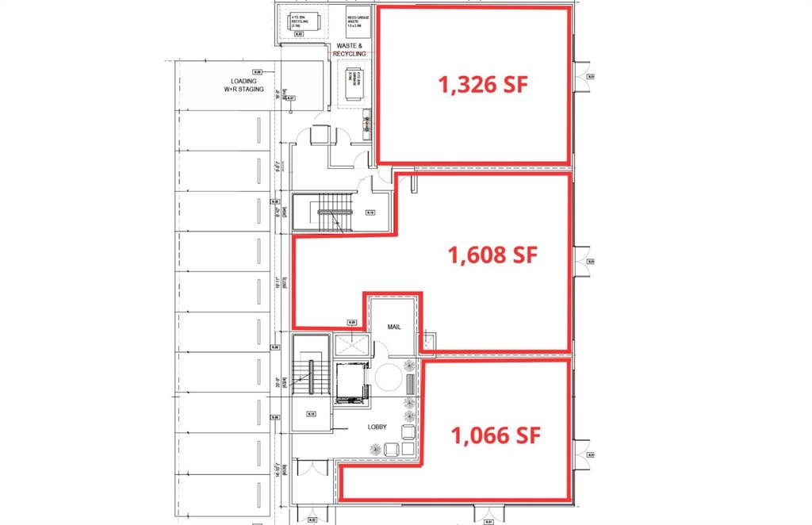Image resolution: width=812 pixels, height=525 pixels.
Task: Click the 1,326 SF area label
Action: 483,85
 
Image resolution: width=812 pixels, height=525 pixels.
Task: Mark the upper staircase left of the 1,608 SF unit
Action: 322,210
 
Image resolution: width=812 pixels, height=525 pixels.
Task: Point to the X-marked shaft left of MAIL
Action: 352,344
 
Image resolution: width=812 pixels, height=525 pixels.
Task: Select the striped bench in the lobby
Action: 409,384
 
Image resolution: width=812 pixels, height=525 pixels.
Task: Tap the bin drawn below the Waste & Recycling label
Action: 351,81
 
